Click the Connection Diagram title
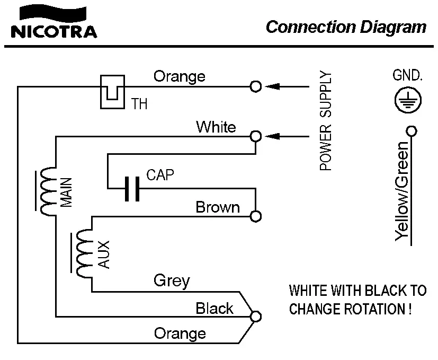pyautogui.click(x=346, y=27)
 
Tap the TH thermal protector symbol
pyautogui.click(x=111, y=91)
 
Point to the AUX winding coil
pyautogui.click(x=83, y=253)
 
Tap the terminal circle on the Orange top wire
pyautogui.click(x=256, y=86)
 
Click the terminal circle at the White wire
pyautogui.click(x=256, y=136)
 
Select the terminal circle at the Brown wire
pyautogui.click(x=256, y=216)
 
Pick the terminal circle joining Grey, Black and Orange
pyautogui.click(x=256, y=316)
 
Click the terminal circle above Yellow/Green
pyautogui.click(x=410, y=130)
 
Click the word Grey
pyautogui.click(x=172, y=280)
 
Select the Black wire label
pyautogui.click(x=214, y=308)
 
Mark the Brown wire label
pyautogui.click(x=217, y=207)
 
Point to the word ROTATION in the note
pyautogui.click(x=373, y=308)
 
